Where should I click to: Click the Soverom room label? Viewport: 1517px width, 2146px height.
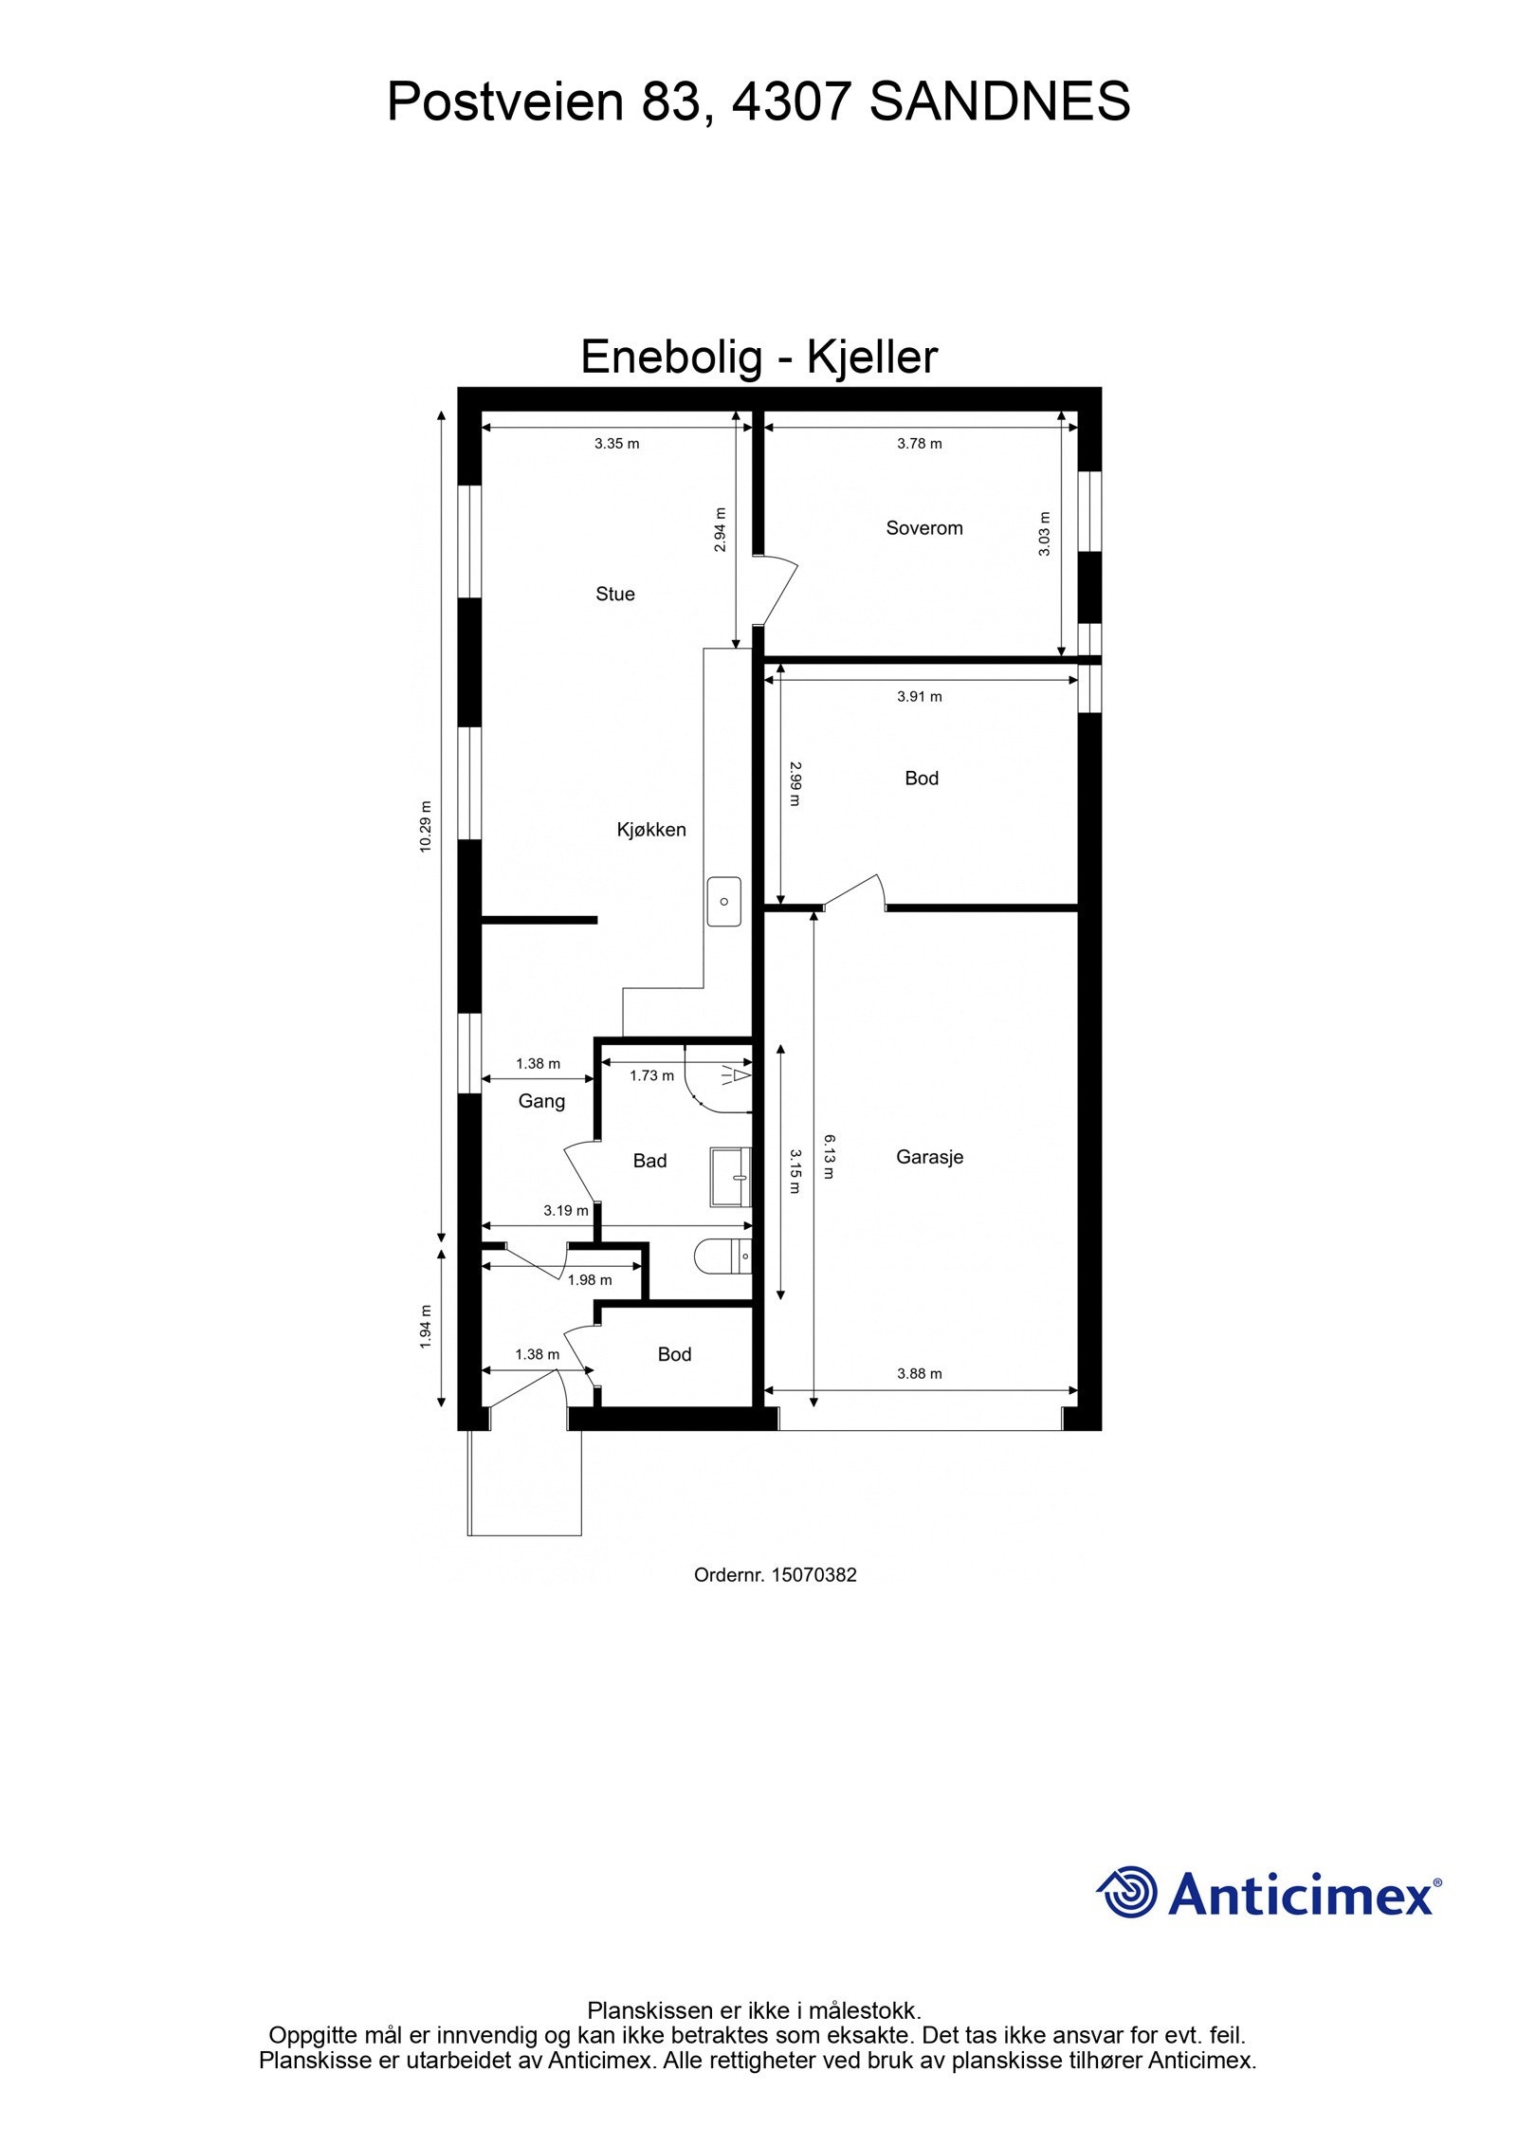click(x=923, y=528)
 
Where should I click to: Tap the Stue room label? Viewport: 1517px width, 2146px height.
click(x=614, y=594)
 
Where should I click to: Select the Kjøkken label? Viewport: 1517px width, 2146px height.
click(x=650, y=830)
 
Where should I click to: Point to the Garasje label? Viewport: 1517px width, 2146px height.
click(x=929, y=1157)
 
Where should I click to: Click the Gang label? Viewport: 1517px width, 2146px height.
click(x=541, y=1101)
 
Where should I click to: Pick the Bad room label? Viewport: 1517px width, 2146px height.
click(x=649, y=1161)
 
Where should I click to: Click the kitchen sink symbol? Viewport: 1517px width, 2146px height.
click(x=723, y=901)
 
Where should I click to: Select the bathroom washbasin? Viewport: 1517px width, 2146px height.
click(x=730, y=1177)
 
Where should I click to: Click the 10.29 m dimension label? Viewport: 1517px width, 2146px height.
click(x=426, y=827)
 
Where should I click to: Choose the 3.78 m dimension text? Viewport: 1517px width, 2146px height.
click(x=919, y=444)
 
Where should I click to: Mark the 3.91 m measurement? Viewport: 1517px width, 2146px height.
click(x=919, y=697)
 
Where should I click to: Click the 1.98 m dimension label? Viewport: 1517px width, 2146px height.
click(x=590, y=1280)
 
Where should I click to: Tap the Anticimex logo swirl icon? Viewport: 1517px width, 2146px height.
click(x=1127, y=1892)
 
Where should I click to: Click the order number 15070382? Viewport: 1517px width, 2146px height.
click(x=813, y=1575)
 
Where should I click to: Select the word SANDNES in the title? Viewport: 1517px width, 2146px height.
click(x=999, y=101)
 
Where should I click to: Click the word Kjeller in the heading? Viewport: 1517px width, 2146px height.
click(x=871, y=358)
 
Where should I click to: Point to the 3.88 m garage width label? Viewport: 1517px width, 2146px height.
click(x=919, y=1373)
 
